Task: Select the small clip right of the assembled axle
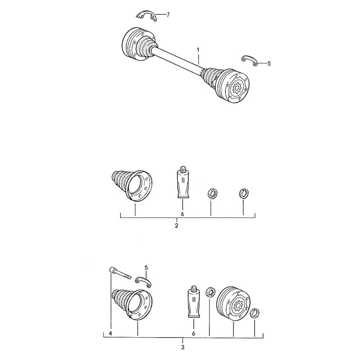click(x=249, y=60)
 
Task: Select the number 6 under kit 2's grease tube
click(x=182, y=214)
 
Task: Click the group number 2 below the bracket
click(x=177, y=226)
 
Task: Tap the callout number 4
click(x=111, y=334)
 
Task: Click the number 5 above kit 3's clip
click(x=146, y=267)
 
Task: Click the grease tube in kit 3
click(x=194, y=302)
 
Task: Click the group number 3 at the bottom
click(x=183, y=347)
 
